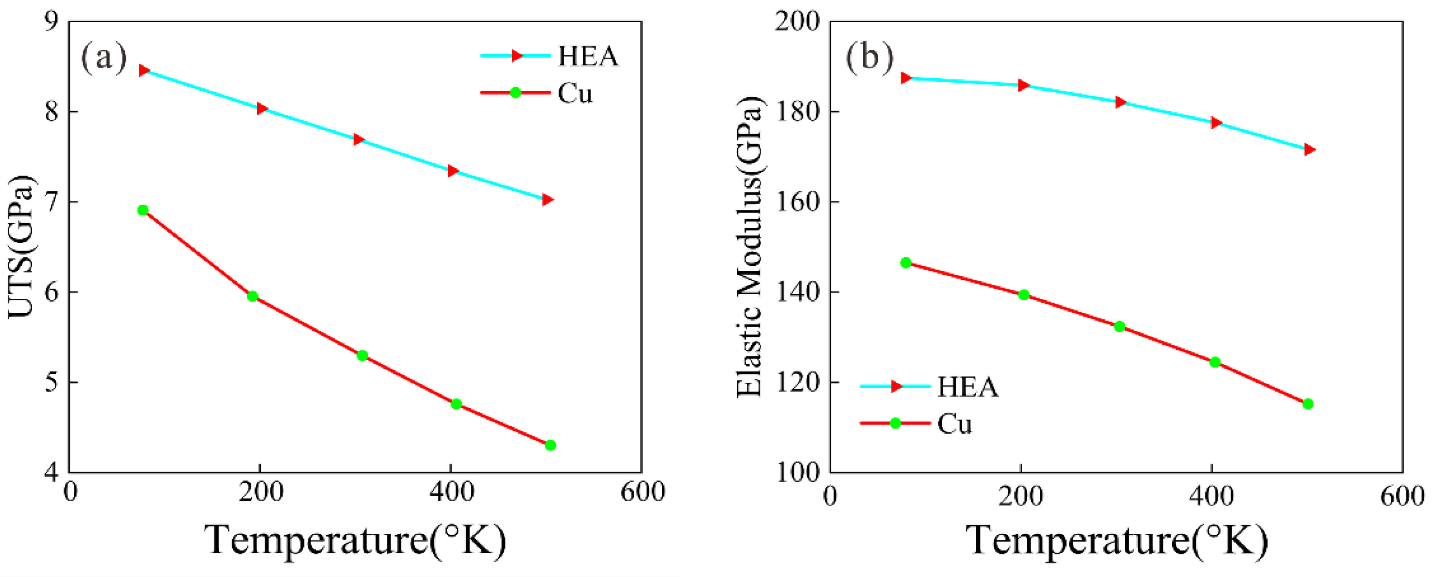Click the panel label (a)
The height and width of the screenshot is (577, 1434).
pyautogui.click(x=104, y=57)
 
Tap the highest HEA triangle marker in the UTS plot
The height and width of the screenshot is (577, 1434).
pyautogui.click(x=144, y=70)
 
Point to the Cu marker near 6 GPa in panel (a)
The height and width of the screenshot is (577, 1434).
pyautogui.click(x=252, y=296)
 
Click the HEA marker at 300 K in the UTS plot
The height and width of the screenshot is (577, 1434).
pyautogui.click(x=359, y=139)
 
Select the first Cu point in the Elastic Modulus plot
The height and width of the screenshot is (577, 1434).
pyautogui.click(x=905, y=263)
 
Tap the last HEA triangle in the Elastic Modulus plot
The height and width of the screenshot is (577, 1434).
pyautogui.click(x=1309, y=149)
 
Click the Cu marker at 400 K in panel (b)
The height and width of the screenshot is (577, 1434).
pyautogui.click(x=1215, y=362)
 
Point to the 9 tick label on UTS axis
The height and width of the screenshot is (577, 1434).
pyautogui.click(x=51, y=22)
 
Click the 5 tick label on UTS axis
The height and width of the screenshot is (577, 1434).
pyautogui.click(x=51, y=382)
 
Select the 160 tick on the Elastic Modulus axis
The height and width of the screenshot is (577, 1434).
pyautogui.click(x=798, y=202)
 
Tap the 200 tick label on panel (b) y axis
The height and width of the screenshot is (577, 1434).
pyautogui.click(x=798, y=22)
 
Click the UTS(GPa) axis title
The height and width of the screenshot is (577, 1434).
pyautogui.click(x=21, y=247)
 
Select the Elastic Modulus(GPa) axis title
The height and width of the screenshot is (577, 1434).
pyautogui.click(x=749, y=247)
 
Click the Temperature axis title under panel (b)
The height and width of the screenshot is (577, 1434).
pyautogui.click(x=1116, y=540)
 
